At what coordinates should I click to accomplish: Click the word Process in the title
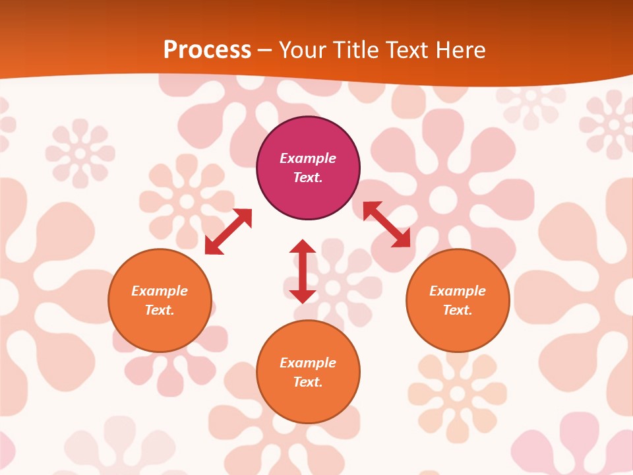click(x=207, y=50)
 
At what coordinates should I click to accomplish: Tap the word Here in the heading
click(x=461, y=50)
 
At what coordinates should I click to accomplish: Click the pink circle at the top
click(x=308, y=139)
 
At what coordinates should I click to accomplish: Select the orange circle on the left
click(x=160, y=323)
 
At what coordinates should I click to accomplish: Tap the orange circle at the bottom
click(x=308, y=402)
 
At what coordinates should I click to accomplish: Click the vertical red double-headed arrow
click(x=303, y=271)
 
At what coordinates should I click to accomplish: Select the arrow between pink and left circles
click(x=228, y=232)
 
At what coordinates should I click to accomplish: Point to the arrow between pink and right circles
click(x=386, y=224)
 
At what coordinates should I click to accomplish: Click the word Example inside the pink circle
click(x=308, y=158)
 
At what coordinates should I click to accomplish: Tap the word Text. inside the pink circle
click(x=308, y=177)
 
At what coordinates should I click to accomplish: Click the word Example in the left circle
click(x=160, y=291)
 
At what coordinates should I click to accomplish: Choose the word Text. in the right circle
click(x=458, y=310)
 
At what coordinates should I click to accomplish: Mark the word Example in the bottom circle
click(x=308, y=363)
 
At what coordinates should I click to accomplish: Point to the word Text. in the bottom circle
click(x=308, y=382)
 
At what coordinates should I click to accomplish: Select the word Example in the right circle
click(x=458, y=291)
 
